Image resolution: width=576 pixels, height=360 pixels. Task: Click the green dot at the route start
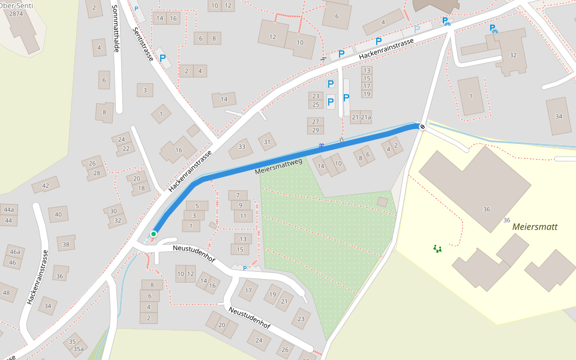pos(154,234)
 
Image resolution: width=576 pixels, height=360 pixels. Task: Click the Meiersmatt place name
pos(535,227)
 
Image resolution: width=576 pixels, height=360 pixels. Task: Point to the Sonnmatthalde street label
pos(116,28)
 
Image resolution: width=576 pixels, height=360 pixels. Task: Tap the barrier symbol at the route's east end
pos(422,127)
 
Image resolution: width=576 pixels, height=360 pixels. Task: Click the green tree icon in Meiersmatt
pos(437,248)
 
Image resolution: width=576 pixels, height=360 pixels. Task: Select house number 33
pos(242,146)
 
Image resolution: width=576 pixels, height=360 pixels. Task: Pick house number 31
pos(266,141)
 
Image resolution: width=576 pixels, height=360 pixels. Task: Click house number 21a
pos(365,118)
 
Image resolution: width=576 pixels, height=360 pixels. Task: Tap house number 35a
pos(79,349)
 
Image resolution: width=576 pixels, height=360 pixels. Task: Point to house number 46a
pos(15,251)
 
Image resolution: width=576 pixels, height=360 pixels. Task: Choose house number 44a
pos(8,209)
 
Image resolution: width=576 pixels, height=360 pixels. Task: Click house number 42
pos(46,185)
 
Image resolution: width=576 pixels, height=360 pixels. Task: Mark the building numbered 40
pos(58,214)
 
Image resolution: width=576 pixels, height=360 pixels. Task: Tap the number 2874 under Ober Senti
pos(16,13)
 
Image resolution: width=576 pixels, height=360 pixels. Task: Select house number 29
pos(315,130)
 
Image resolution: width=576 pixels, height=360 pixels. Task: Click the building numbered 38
pos(65,244)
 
